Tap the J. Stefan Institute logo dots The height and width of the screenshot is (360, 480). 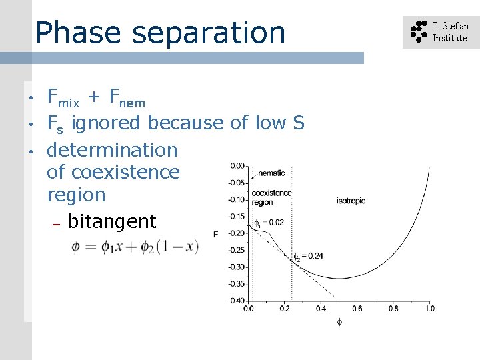point(418,32)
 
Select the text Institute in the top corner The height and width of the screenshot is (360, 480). point(449,38)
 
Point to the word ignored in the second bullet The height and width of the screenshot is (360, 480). point(107,123)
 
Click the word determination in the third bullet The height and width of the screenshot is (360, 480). point(112,150)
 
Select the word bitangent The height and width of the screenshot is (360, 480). point(112,221)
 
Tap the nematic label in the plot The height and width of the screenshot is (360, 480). point(271,173)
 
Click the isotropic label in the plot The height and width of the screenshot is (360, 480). point(351,201)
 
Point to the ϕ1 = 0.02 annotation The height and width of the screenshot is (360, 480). point(269,223)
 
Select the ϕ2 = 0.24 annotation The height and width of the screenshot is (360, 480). point(309,256)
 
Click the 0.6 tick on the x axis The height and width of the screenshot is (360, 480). point(357,309)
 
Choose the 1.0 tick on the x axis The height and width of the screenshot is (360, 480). point(429,309)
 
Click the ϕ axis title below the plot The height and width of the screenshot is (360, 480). point(339,321)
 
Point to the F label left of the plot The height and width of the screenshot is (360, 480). point(215,234)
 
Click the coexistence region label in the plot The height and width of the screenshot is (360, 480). point(271,197)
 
